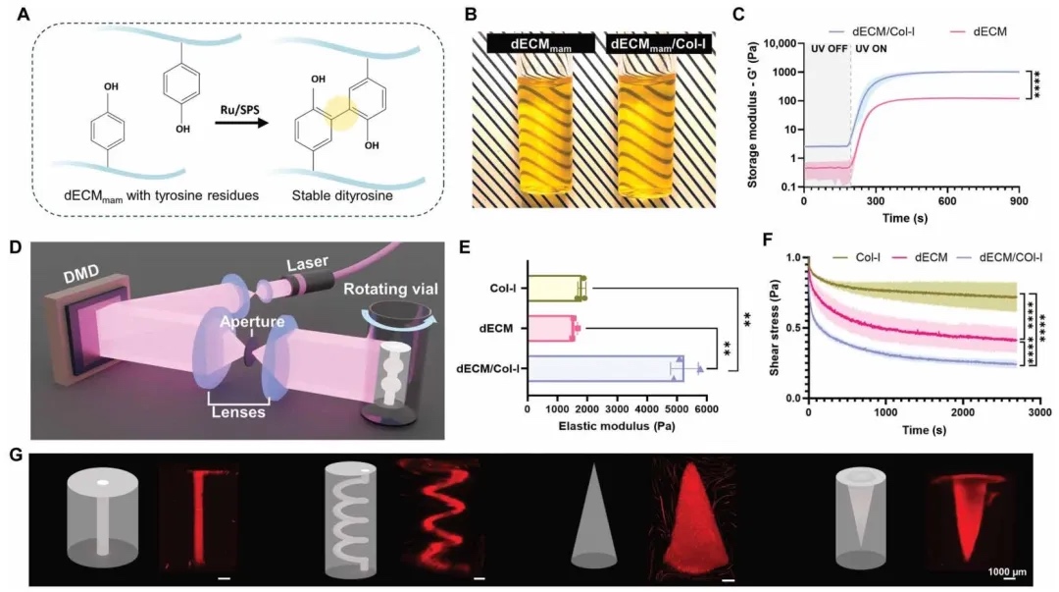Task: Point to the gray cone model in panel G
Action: [x=600, y=515]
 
